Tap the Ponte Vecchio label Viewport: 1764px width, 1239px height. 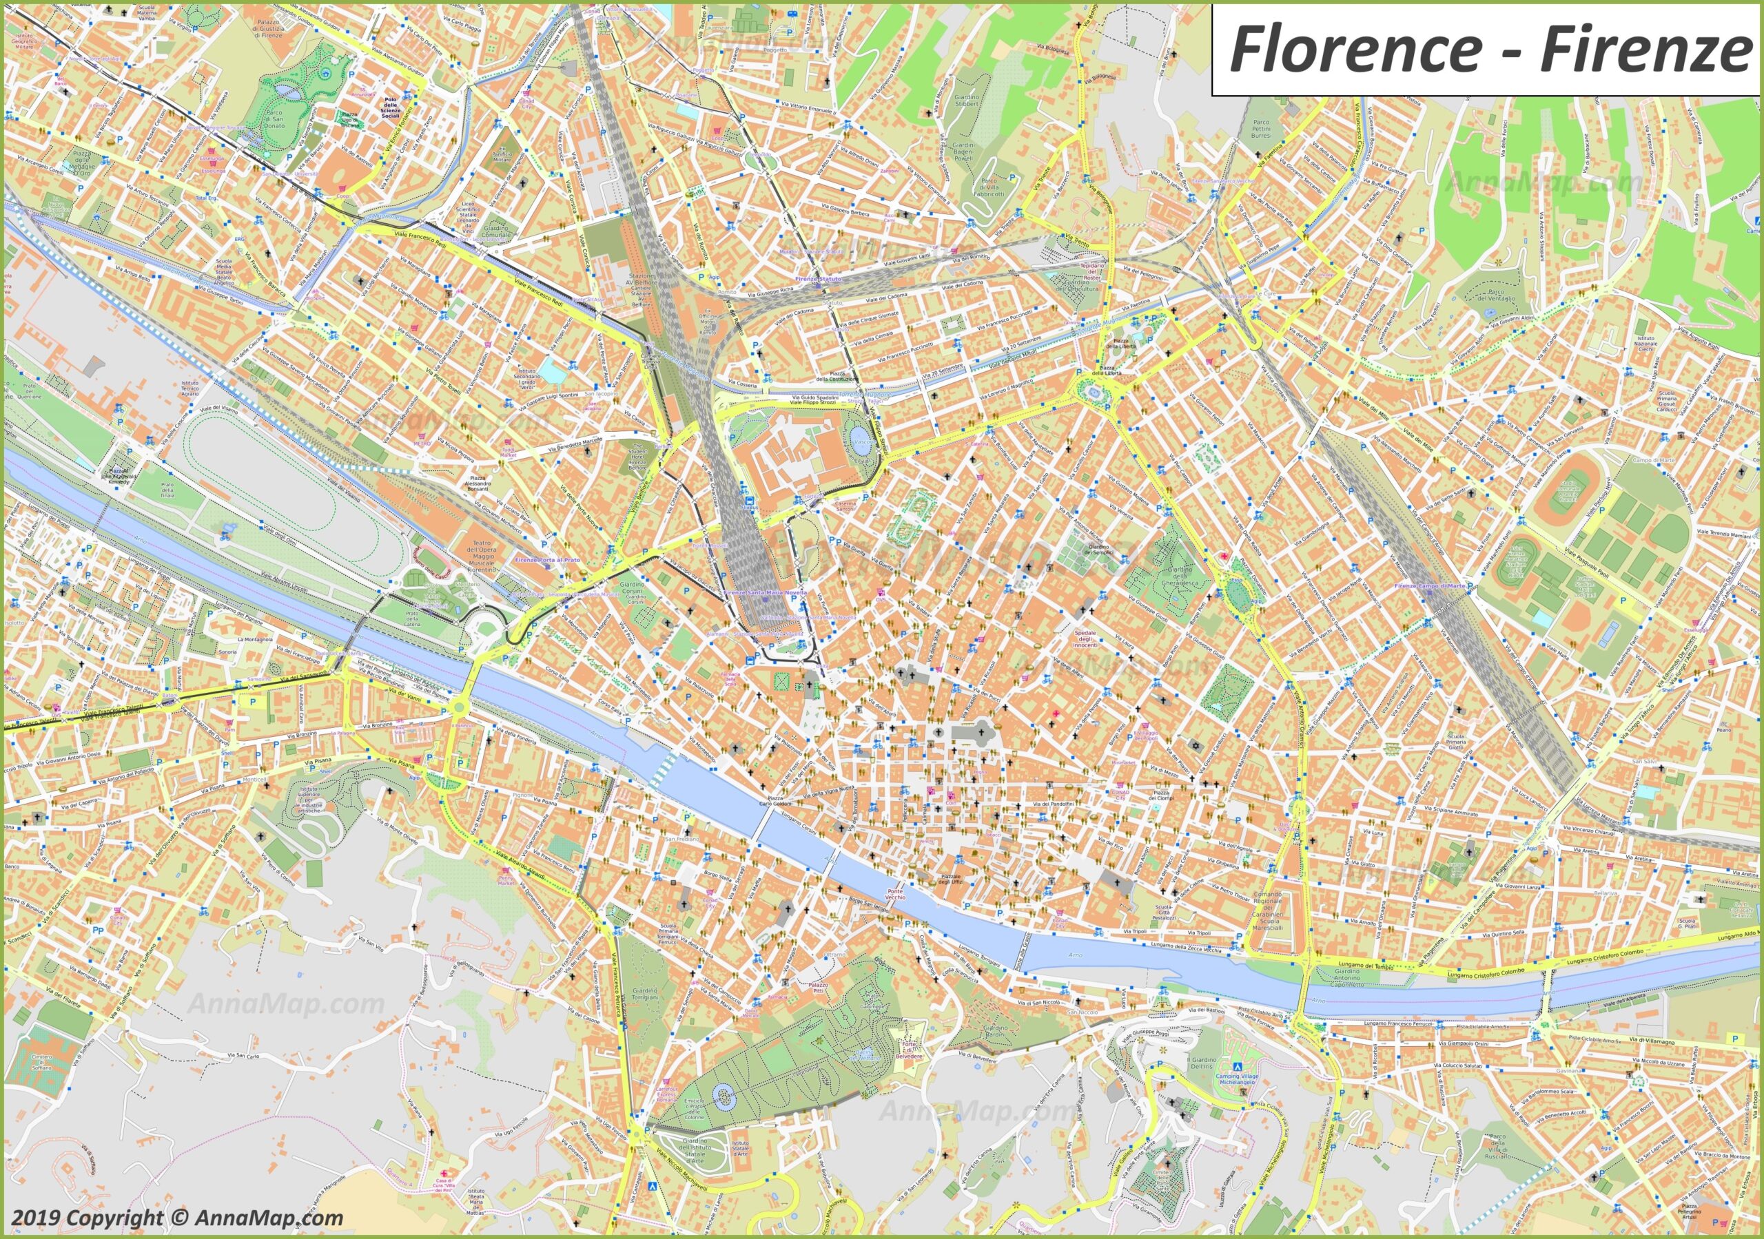pos(896,895)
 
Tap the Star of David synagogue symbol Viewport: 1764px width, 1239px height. pos(1197,745)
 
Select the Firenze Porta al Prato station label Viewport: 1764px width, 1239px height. pos(548,559)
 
